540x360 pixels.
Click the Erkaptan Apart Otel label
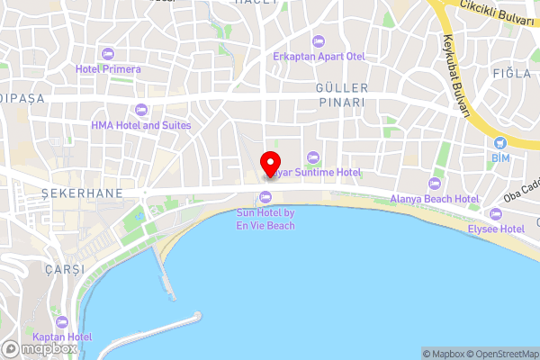[319, 56]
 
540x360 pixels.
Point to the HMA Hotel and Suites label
[141, 125]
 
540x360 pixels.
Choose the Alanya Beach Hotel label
[434, 198]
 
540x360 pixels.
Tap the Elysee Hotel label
[495, 229]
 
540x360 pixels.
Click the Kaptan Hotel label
[61, 337]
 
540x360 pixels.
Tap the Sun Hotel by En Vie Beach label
[265, 219]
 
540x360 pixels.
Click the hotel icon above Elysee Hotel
[496, 214]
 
